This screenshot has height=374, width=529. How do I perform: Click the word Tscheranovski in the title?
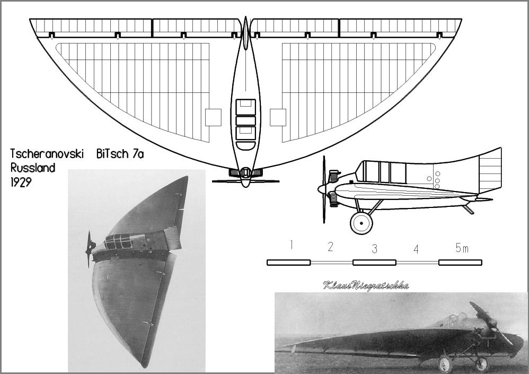point(47,154)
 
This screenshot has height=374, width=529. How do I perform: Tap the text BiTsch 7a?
point(120,154)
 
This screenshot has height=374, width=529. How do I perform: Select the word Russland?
point(33,168)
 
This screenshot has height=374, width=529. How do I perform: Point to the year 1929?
point(21,182)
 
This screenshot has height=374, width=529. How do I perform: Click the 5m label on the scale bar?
point(462,248)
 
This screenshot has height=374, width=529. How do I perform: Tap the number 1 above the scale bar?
point(292,245)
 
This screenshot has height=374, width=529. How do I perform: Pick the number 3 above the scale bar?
point(374,249)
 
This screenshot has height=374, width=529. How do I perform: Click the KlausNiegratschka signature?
point(366,285)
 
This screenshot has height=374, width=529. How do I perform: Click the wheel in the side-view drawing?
point(362,223)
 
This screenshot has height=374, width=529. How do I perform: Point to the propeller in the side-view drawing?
point(324,189)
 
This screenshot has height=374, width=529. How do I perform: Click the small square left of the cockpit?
point(213,117)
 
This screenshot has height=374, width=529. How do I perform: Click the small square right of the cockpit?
point(278,117)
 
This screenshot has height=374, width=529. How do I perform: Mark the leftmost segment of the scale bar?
point(289,263)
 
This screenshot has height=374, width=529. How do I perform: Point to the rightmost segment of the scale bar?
point(461,263)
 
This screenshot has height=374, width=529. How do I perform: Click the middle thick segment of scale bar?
point(374,263)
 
